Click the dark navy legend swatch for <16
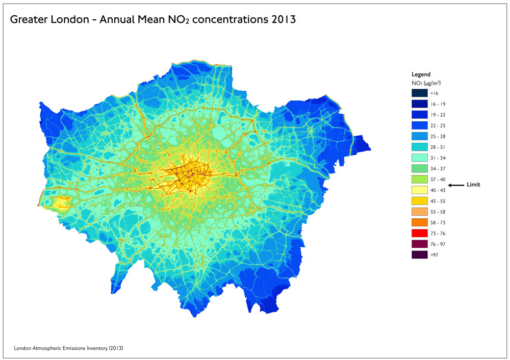tap(419, 93)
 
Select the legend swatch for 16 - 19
tap(419, 104)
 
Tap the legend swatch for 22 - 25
tap(419, 125)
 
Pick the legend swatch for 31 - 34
tap(419, 158)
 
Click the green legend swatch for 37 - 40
tap(419, 179)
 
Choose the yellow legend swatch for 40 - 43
tap(419, 190)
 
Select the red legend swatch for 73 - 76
tap(419, 233)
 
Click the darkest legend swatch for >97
tap(419, 254)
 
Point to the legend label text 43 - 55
tap(438, 201)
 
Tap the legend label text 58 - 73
tap(438, 222)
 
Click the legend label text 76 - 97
tap(438, 244)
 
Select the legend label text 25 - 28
tap(438, 136)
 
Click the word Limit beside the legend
tap(473, 185)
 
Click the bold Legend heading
tap(421, 74)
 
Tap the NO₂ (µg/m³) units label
tap(426, 82)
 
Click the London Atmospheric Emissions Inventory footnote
tap(68, 348)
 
